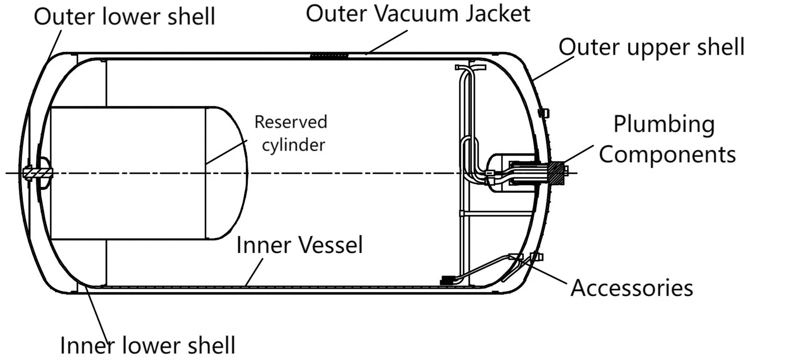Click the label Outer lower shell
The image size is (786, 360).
124,17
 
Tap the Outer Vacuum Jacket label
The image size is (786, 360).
418,14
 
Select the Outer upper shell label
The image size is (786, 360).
651,47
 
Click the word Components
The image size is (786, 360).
667,155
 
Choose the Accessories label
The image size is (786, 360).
632,288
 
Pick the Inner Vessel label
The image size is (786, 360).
299,245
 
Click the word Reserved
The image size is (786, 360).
290,122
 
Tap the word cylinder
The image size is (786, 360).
294,144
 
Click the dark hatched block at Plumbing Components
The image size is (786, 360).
557,173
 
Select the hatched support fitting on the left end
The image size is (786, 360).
37,173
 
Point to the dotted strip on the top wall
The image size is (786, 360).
329,55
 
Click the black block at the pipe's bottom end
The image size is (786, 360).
448,280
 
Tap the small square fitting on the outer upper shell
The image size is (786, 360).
544,113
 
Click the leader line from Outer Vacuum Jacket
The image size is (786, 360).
386,42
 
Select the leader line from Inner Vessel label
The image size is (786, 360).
254,272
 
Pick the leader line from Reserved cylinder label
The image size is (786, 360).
226,152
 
